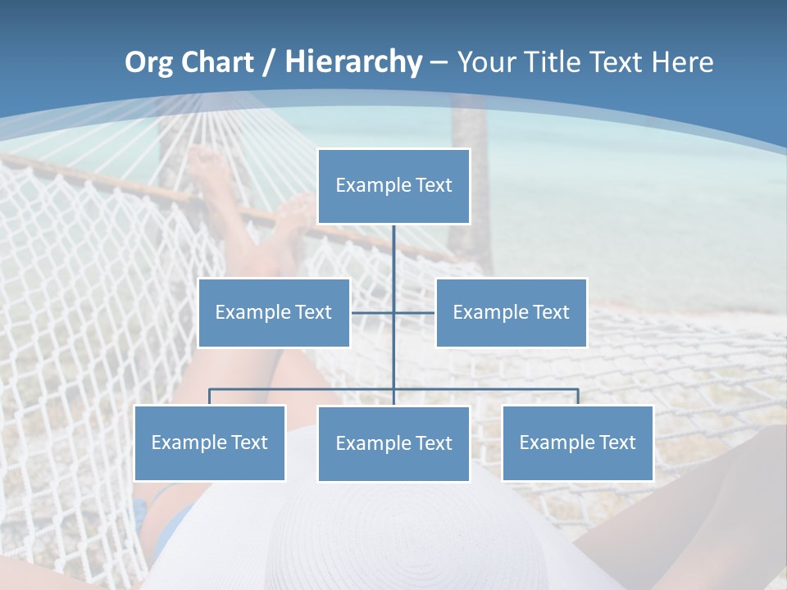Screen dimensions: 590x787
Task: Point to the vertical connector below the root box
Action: click(x=393, y=254)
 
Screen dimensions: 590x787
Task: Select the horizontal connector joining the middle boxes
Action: click(x=374, y=312)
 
